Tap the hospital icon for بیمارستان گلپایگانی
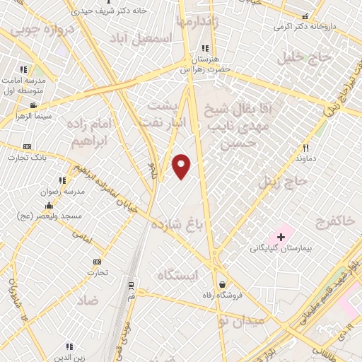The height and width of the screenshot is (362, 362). [x=281, y=236]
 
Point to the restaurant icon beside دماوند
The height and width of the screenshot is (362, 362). [x=305, y=148]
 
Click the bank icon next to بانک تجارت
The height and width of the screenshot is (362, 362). [x=27, y=146]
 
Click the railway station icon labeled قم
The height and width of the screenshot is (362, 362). [x=131, y=286]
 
